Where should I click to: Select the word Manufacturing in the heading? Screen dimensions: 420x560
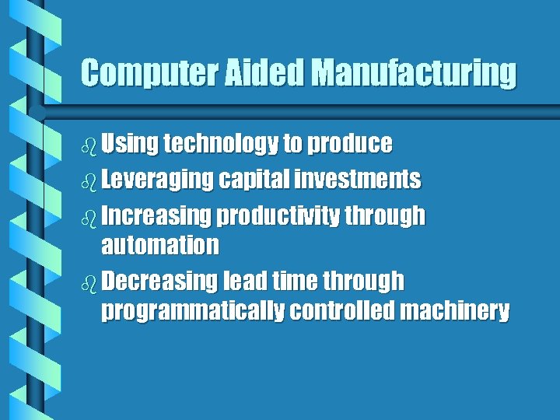414,74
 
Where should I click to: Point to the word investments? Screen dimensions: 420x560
359,180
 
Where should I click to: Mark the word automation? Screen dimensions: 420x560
160,246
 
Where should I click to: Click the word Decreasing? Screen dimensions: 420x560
160,281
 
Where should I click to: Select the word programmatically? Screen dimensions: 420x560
193,312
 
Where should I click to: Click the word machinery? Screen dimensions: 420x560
455,312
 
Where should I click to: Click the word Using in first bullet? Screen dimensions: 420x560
130,145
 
